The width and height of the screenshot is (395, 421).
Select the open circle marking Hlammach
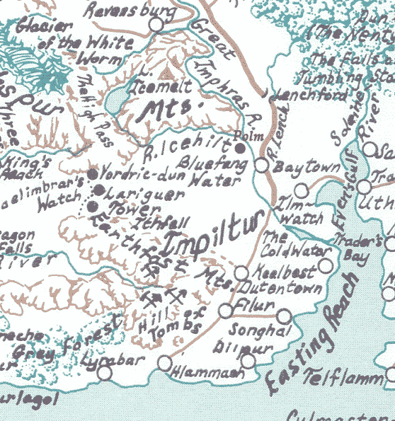click(164, 363)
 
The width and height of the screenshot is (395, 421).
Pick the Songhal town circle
click(284, 316)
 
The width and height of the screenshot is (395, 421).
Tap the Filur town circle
click(226, 310)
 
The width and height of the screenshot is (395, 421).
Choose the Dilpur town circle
click(248, 361)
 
